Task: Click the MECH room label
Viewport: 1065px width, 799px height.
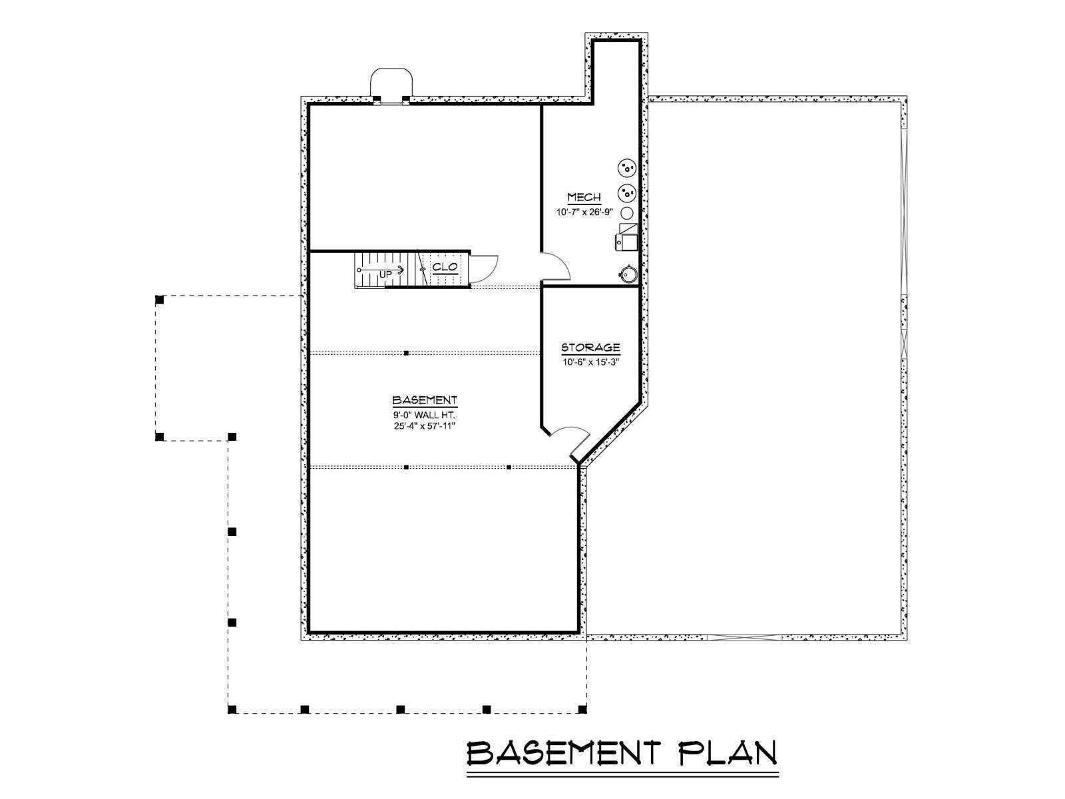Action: (584, 198)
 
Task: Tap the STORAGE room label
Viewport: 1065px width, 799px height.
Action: (590, 348)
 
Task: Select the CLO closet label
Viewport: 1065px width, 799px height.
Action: (445, 267)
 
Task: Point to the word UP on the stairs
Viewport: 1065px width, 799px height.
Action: (385, 275)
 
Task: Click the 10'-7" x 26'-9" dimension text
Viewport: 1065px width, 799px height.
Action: (584, 212)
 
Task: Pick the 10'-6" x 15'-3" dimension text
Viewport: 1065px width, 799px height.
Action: (591, 362)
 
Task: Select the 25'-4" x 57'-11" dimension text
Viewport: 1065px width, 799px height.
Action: (425, 426)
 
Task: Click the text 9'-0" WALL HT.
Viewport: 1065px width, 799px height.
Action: (424, 415)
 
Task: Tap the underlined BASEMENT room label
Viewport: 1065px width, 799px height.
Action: (425, 400)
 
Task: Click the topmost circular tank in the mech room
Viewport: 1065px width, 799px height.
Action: (626, 169)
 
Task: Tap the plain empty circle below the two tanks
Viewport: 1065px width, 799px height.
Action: (627, 212)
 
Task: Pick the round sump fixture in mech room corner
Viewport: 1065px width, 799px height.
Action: (628, 274)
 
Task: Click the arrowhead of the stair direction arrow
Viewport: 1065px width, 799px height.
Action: (401, 269)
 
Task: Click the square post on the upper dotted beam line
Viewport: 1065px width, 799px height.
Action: (406, 353)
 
